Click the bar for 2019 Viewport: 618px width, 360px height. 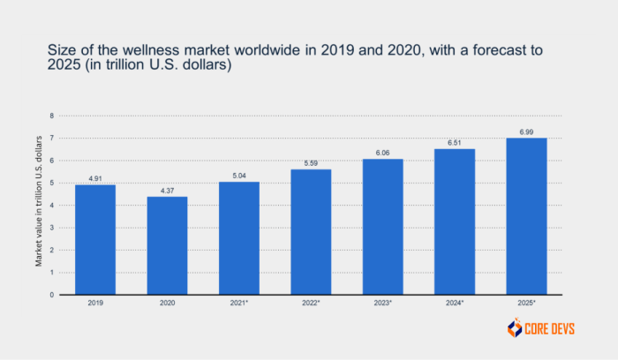click(95, 239)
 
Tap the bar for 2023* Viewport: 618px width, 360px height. click(382, 227)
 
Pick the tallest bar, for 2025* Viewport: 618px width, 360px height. click(526, 216)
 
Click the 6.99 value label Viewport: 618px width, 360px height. click(526, 131)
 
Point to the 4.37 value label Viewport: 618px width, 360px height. click(167, 191)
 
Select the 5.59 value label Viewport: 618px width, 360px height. click(311, 163)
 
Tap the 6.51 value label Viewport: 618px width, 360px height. click(455, 143)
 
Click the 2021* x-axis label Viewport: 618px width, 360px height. click(239, 303)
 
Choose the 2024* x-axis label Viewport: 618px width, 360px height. click(455, 303)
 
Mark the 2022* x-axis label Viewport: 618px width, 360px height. click(311, 303)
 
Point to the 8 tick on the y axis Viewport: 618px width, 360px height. click(52, 116)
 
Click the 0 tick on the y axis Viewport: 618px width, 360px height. click(52, 295)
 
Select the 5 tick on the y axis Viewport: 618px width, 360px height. click(52, 183)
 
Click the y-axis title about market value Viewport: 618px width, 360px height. click(38, 205)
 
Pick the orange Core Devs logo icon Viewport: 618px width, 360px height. click(515, 328)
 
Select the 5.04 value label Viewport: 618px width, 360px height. click(239, 176)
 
